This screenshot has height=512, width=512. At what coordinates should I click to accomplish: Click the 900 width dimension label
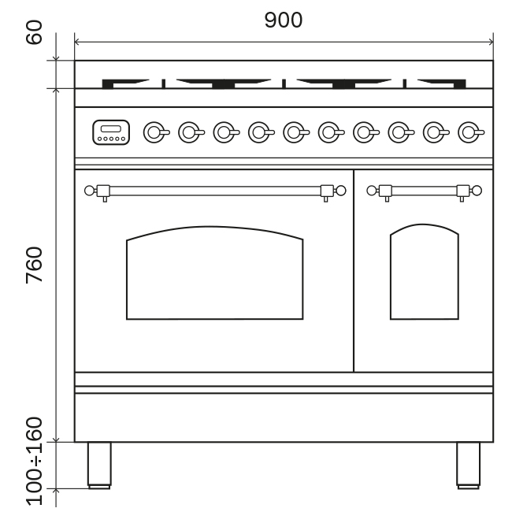283,20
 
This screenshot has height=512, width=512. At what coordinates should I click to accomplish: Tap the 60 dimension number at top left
34,35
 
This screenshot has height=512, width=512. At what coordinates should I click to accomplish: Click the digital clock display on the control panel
110,132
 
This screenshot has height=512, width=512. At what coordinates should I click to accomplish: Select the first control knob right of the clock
154,132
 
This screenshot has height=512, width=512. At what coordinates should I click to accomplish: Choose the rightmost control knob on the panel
469,132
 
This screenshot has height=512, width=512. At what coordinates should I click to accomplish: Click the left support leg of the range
99,466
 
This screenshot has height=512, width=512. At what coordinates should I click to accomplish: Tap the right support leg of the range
468,466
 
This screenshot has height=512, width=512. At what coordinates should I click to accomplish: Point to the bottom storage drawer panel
283,417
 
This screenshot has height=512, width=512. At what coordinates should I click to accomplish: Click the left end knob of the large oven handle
89,190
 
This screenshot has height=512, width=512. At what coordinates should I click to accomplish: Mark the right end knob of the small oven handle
477,190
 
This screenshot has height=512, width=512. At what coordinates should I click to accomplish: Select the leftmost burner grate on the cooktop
131,82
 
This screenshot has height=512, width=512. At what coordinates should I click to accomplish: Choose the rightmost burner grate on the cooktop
440,82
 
